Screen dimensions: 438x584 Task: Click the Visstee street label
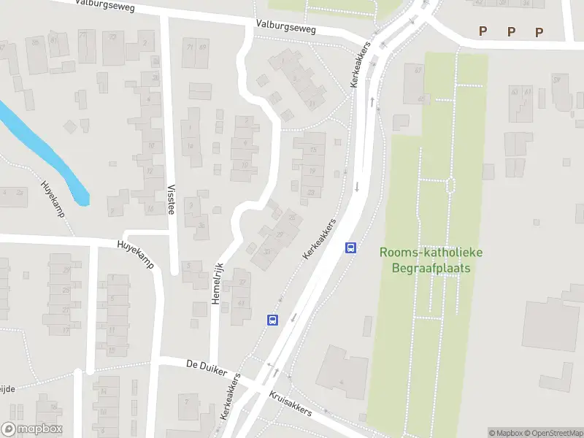click(172, 197)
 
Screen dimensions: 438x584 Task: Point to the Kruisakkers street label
click(290, 403)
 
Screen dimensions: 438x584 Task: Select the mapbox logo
click(32, 429)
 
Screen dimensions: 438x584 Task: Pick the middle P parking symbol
click(511, 31)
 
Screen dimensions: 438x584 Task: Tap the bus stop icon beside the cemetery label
click(351, 247)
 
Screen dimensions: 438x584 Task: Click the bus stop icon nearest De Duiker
click(272, 319)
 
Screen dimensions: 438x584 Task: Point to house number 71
click(191, 47)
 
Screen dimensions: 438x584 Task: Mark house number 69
click(202, 47)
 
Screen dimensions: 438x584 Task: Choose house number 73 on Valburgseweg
click(112, 36)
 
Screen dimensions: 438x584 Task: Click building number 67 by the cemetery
click(418, 70)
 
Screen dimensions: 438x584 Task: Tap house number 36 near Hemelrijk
click(201, 226)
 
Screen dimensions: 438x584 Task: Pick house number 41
click(241, 302)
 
